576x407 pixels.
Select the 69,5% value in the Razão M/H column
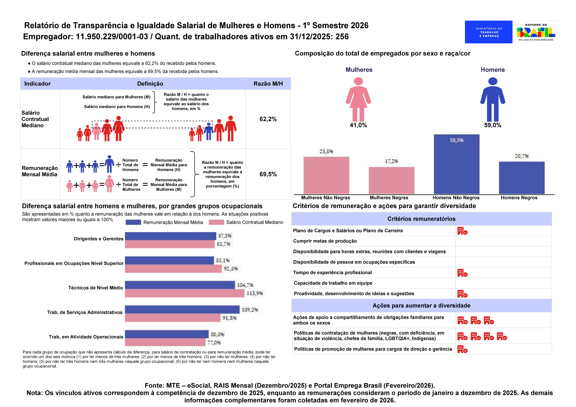click(x=268, y=174)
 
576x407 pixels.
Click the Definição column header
click(x=150, y=84)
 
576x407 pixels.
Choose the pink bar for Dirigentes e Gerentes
click(x=170, y=244)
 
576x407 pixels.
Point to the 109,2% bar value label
click(x=250, y=310)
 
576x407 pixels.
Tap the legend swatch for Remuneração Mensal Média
click(x=133, y=222)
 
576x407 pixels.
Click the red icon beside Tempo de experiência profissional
click(x=462, y=273)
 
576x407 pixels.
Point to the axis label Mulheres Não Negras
click(x=325, y=198)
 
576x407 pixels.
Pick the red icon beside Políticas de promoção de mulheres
click(x=462, y=349)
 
